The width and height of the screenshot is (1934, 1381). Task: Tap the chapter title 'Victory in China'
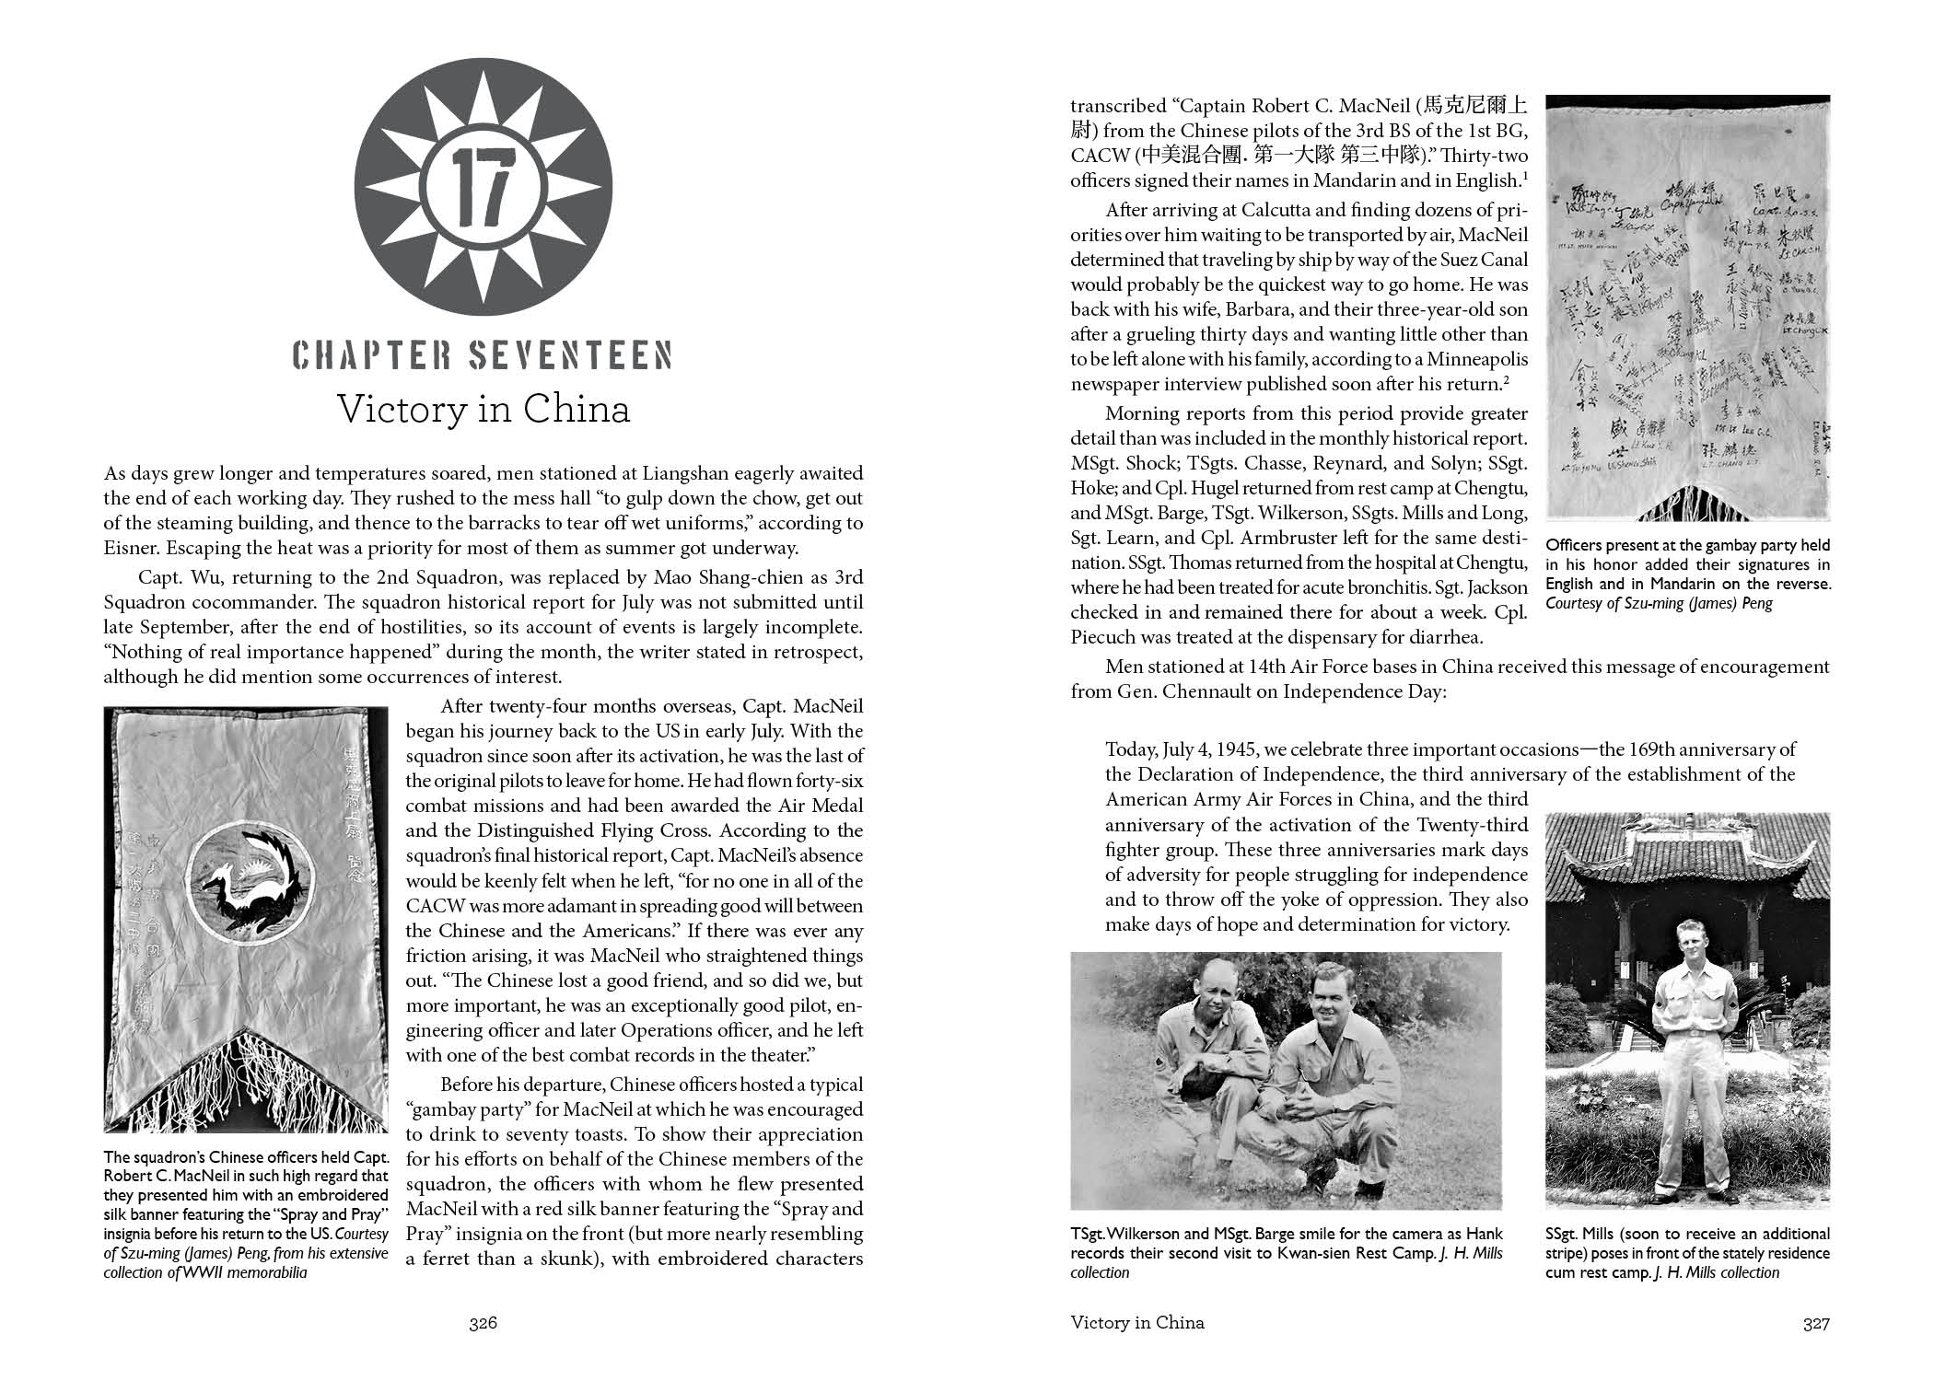[x=483, y=409]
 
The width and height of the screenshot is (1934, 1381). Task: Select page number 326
[x=483, y=1323]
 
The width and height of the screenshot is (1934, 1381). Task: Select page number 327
[x=1815, y=1323]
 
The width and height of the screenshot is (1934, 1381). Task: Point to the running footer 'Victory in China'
[x=1137, y=1323]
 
